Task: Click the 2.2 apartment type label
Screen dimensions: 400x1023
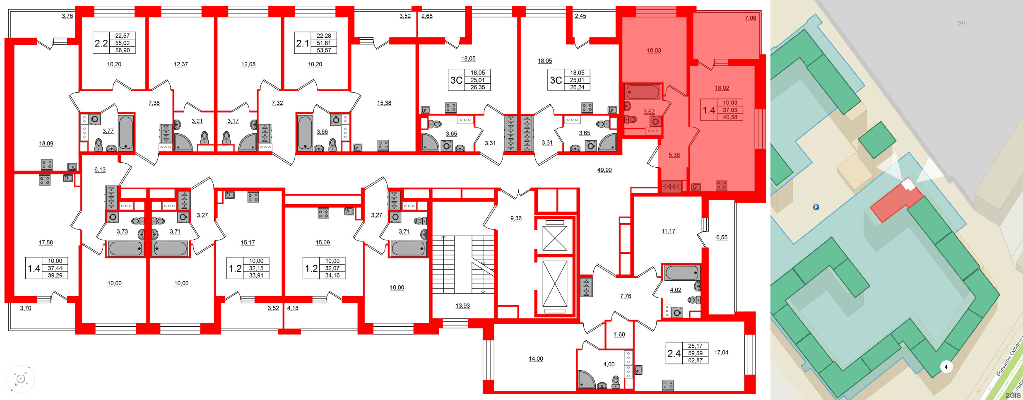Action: click(101, 43)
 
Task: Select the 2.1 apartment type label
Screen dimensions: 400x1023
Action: click(302, 43)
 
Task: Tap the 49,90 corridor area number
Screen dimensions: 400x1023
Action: click(604, 170)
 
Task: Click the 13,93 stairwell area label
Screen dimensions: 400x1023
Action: click(462, 306)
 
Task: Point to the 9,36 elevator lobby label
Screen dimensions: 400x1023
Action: click(515, 218)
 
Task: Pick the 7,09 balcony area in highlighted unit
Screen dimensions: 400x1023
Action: click(750, 18)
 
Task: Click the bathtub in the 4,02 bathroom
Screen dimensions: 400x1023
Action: click(681, 273)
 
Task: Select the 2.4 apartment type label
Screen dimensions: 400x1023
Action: click(674, 353)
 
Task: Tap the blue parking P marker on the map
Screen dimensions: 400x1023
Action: click(816, 207)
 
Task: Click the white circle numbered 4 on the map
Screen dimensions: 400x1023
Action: click(946, 366)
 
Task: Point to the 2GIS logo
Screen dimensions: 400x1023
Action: click(1012, 395)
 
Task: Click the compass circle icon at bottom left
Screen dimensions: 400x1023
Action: click(21, 379)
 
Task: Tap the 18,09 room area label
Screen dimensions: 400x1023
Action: click(46, 143)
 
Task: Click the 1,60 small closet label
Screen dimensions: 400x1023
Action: click(619, 335)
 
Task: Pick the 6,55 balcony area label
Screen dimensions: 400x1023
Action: click(721, 237)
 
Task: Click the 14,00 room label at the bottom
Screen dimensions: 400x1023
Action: click(535, 359)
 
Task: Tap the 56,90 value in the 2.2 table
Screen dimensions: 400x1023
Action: click(122, 50)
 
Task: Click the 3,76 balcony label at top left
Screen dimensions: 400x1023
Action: click(67, 16)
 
